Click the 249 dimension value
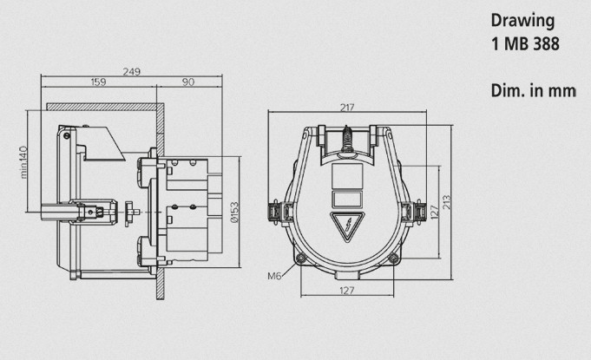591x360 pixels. coord(132,71)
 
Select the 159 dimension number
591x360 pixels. coord(98,82)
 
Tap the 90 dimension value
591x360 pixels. coord(188,82)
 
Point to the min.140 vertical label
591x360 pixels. coord(23,162)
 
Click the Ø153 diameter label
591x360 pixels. coord(234,213)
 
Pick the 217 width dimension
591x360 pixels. coord(347,108)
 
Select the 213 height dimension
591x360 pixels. coord(446,202)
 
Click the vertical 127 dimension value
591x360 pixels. coord(435,213)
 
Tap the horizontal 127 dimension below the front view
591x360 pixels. coord(347,291)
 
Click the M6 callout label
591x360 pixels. coord(275,276)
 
